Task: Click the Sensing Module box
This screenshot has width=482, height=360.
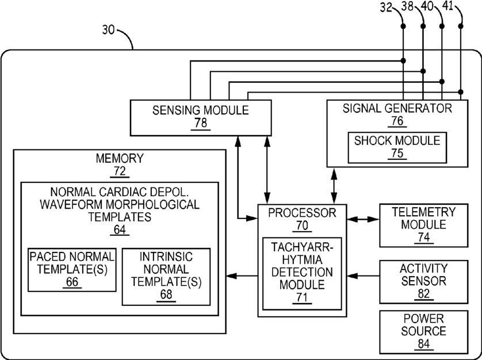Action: (201, 117)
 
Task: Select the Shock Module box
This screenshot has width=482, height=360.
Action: (397, 148)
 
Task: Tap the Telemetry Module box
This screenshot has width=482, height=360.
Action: (423, 225)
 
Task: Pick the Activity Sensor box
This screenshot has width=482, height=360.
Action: (423, 282)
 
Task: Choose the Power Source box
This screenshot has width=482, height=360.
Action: (423, 332)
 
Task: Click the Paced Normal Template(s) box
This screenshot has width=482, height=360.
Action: (72, 270)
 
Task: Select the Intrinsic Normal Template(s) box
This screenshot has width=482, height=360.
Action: (166, 277)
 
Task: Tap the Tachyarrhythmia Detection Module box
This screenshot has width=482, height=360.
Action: (302, 273)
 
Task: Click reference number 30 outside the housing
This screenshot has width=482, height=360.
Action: (108, 30)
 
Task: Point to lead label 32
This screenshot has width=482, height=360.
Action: (386, 7)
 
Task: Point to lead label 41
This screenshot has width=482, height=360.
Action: (448, 6)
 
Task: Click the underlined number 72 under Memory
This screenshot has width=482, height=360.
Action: (120, 171)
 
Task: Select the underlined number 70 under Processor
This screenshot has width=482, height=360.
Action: (302, 226)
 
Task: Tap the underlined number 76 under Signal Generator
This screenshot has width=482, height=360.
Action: (397, 121)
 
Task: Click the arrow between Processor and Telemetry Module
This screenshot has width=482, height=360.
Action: (363, 219)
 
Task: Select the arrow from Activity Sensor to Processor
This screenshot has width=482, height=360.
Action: (363, 276)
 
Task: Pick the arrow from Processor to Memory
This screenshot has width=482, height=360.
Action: (242, 276)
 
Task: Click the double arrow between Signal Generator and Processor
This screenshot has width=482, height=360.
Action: (334, 186)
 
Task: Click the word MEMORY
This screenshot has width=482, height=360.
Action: (120, 158)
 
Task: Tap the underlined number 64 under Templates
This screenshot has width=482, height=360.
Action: (120, 230)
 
